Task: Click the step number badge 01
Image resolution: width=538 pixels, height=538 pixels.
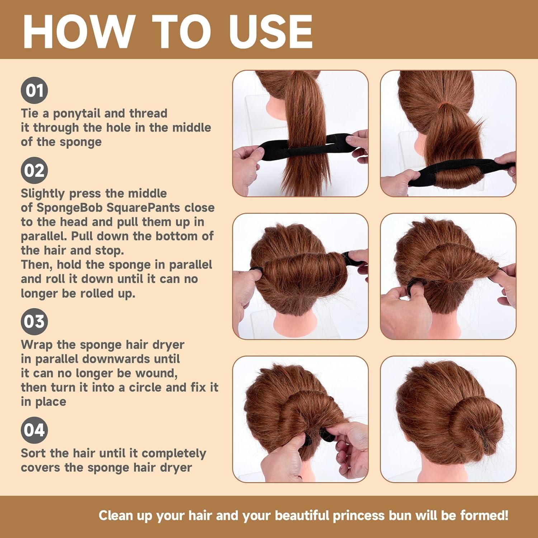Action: pos(34,90)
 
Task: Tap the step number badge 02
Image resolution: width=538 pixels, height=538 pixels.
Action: pos(34,171)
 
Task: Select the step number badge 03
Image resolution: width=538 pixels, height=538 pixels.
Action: pos(34,322)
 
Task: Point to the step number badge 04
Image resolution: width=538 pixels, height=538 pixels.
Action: pos(34,430)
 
